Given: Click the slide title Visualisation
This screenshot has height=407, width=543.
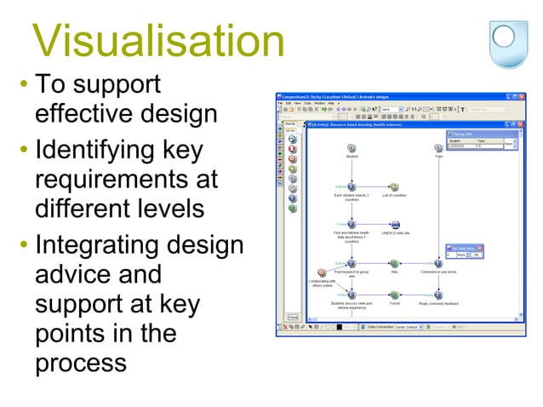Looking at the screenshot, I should point(157,41).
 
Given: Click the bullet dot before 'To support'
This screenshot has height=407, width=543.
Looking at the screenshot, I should point(24,85).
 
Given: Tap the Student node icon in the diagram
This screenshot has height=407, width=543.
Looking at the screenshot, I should point(352,148).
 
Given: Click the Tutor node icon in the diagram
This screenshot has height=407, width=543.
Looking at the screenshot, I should point(438,148).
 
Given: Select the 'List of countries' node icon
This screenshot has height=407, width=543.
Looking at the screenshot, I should point(394,186).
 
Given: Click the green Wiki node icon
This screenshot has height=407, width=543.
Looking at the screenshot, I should point(394,264).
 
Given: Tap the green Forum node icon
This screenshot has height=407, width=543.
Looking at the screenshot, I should point(394,295).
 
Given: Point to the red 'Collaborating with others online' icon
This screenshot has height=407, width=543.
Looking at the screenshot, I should point(322,272).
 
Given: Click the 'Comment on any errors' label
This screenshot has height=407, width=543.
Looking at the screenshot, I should point(438,272).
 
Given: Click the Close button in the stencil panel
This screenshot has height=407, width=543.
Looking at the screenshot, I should point(293,317).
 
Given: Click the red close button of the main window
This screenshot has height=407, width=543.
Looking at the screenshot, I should point(513,96).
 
